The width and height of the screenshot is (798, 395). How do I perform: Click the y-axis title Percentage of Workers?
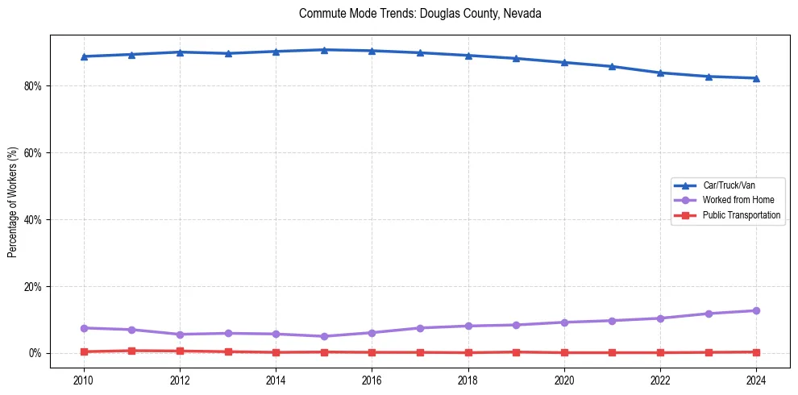click(13, 202)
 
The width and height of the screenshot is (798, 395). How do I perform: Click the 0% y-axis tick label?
click(35, 354)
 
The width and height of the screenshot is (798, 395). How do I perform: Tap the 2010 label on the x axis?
click(84, 380)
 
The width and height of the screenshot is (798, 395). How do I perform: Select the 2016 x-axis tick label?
click(372, 380)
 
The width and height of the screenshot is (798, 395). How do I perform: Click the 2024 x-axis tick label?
click(756, 380)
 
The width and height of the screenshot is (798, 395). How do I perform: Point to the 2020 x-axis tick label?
click(564, 380)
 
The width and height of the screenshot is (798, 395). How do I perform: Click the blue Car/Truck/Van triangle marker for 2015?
click(324, 50)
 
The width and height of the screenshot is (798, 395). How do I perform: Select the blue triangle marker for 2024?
click(756, 78)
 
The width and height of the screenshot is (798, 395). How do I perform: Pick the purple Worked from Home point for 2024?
click(756, 310)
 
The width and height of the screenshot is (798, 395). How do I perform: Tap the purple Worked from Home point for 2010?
click(84, 328)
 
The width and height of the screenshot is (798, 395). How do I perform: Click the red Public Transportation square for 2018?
click(468, 352)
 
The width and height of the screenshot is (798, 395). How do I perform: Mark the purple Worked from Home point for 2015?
click(324, 336)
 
